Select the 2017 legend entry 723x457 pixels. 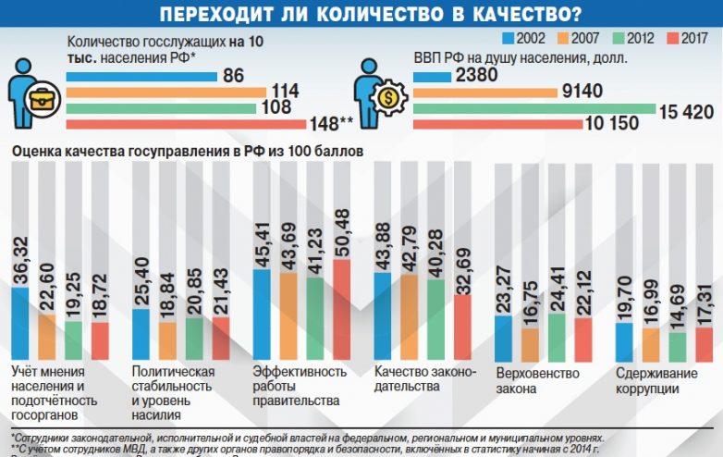pyautogui.click(x=683, y=38)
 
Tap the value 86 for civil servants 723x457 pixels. pyautogui.click(x=233, y=76)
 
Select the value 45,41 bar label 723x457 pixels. pyautogui.click(x=262, y=245)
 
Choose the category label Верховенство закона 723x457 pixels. pyautogui.click(x=537, y=381)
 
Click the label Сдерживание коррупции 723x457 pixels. pyautogui.click(x=656, y=381)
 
